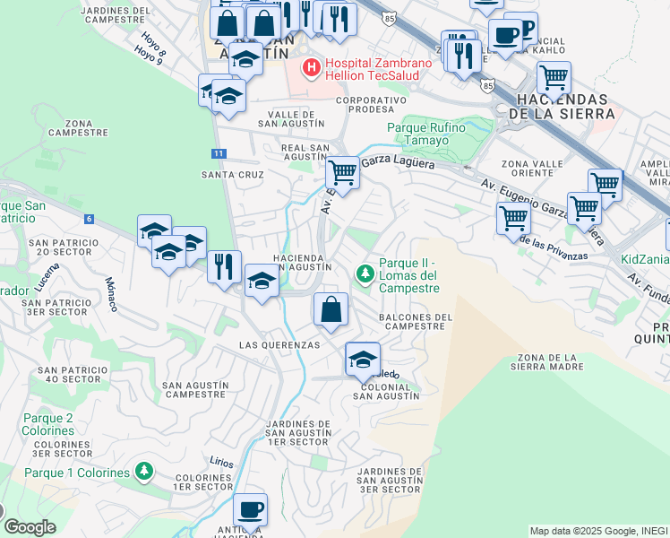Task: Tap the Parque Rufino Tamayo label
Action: [x=426, y=134]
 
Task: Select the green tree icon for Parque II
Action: [x=365, y=273]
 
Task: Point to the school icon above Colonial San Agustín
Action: [x=363, y=360]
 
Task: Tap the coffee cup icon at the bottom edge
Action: [x=250, y=509]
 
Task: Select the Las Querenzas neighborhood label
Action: [x=279, y=345]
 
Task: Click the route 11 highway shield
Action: [x=219, y=153]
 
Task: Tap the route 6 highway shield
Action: [x=90, y=219]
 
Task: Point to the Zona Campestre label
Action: [x=78, y=127]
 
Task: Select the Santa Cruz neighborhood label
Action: [x=232, y=175]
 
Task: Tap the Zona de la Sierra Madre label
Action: [x=546, y=360]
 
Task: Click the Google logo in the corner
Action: [x=30, y=527]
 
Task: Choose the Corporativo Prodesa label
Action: [x=365, y=104]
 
